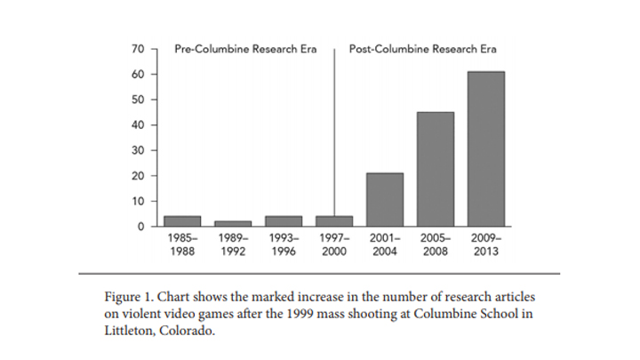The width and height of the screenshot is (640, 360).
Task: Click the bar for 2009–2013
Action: click(485, 148)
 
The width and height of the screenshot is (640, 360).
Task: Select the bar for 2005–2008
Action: click(435, 169)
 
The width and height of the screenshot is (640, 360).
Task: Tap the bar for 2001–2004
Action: click(384, 199)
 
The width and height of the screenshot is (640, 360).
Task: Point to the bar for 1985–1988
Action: click(182, 220)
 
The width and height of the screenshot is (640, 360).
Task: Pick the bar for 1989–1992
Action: click(233, 223)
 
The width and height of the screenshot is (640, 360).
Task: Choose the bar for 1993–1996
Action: click(284, 220)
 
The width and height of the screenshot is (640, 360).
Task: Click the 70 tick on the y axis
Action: click(138, 48)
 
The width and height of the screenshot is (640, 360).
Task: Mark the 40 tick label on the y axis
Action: click(138, 124)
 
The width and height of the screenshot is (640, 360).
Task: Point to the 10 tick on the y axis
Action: click(138, 201)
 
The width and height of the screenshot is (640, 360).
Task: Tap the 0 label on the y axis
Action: click(140, 227)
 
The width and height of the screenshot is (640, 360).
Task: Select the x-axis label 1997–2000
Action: click(334, 244)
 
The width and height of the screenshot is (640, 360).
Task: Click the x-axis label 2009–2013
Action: click(485, 244)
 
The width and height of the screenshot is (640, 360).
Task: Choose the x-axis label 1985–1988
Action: click(182, 244)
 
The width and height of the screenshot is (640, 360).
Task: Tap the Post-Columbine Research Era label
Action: click(422, 48)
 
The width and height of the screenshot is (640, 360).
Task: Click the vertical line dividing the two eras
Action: click(334, 133)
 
